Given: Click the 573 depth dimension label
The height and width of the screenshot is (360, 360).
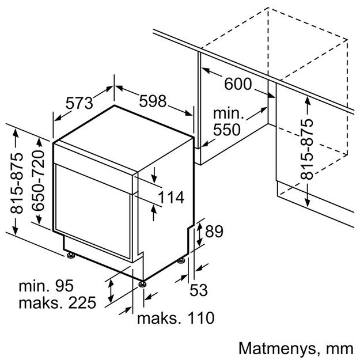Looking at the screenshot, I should pos(79,104).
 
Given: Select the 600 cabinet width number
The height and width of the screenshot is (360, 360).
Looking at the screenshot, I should pos(237,85).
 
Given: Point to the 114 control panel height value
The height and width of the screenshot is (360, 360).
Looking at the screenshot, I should pos(170,198).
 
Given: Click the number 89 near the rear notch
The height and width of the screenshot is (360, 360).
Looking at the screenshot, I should pos(214,232).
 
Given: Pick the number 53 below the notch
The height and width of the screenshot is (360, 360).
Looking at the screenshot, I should pos(198,290).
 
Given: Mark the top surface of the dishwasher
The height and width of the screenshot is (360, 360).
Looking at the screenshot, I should pos(124,124).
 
